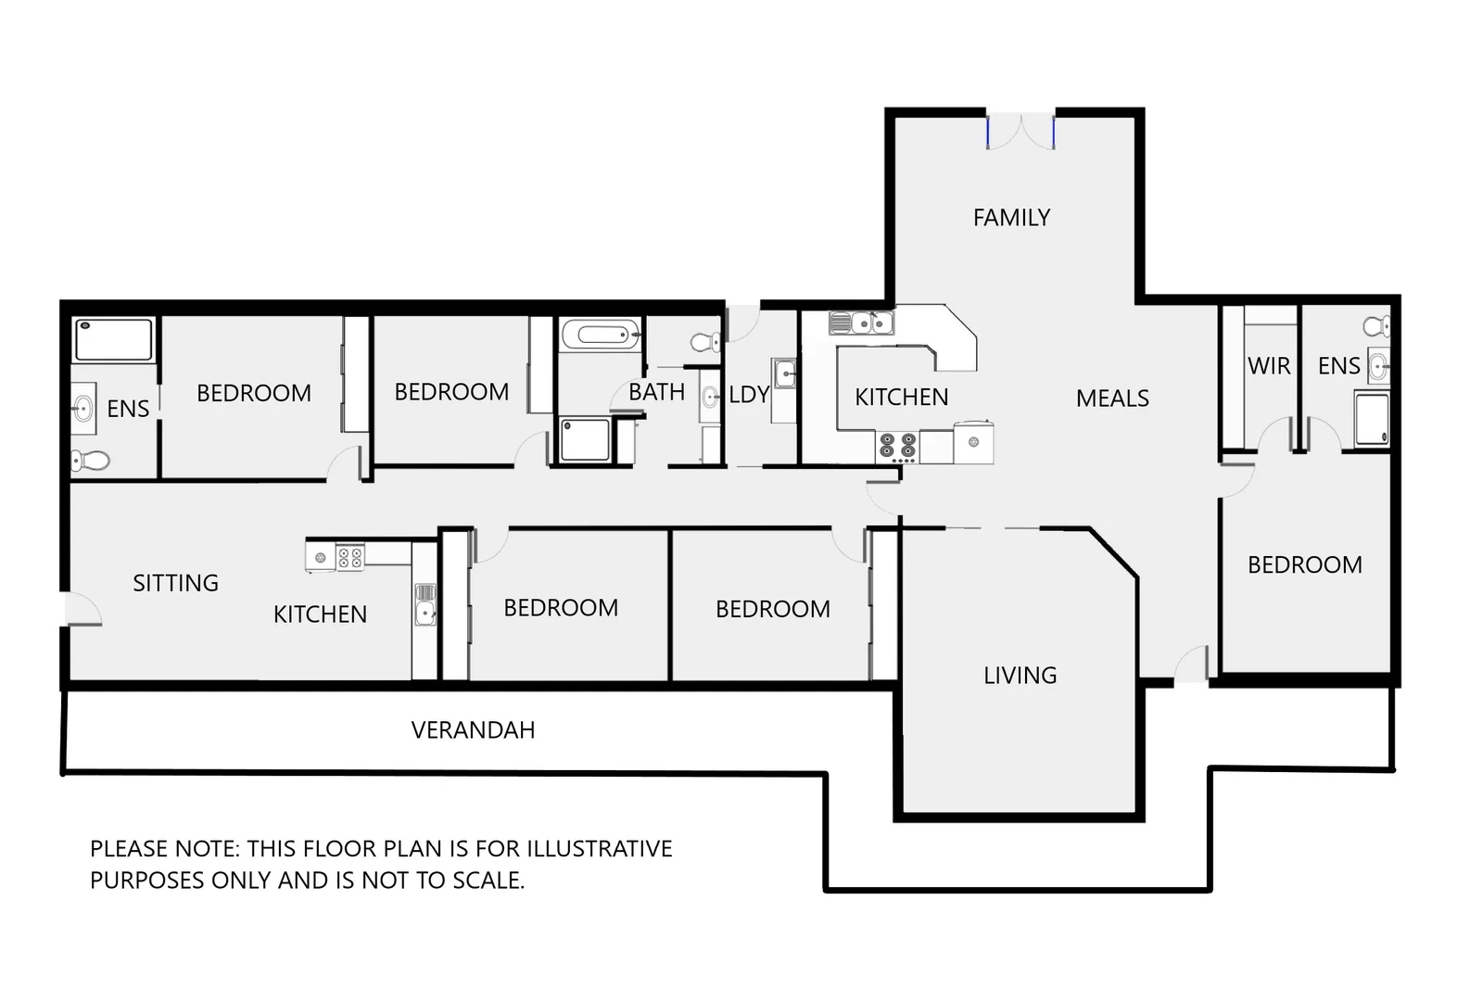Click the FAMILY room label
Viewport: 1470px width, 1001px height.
click(x=1011, y=218)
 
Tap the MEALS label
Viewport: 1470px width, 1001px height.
click(x=1112, y=399)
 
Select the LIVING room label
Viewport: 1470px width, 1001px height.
click(x=1020, y=675)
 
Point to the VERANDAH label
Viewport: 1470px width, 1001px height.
click(x=473, y=730)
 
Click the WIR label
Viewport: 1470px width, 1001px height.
click(x=1269, y=366)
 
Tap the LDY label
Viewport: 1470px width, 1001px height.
click(x=748, y=395)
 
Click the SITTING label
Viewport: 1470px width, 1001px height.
click(x=175, y=583)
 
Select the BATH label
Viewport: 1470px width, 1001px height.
click(x=656, y=392)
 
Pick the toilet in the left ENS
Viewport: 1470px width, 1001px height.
click(x=90, y=461)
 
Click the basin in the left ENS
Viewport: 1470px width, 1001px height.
click(x=83, y=408)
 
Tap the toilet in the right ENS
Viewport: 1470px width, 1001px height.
click(x=1376, y=326)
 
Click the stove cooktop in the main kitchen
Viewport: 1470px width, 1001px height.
click(x=897, y=446)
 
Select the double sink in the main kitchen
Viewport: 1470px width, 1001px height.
click(x=861, y=323)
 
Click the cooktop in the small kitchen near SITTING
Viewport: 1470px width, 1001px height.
click(x=350, y=557)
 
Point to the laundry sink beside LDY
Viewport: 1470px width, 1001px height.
click(x=785, y=374)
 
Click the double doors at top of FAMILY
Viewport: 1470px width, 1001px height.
click(x=1020, y=131)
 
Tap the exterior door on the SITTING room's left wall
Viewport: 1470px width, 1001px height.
click(x=82, y=608)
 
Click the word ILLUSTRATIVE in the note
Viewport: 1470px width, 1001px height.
click(x=600, y=849)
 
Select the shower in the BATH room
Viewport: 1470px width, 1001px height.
click(x=586, y=440)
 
